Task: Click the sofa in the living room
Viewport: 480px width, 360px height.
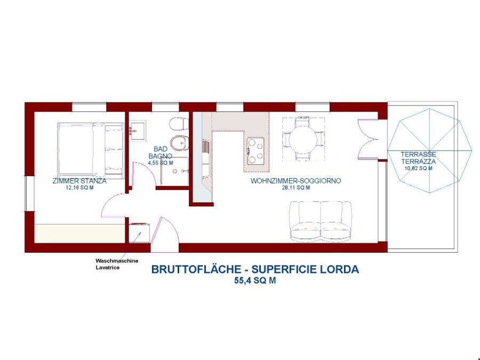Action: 321,220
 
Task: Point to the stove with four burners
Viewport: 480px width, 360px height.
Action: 255,150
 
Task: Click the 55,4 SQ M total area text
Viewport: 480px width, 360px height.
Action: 255,281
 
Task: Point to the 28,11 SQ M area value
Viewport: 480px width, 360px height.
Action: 296,188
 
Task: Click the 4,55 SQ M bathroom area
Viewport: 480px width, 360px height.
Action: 161,163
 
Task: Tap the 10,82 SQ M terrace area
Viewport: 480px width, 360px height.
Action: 418,168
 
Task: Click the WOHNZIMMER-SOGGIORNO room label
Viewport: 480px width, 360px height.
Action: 296,181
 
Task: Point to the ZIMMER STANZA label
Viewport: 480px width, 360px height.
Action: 79,181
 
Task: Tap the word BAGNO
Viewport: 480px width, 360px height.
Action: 161,156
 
